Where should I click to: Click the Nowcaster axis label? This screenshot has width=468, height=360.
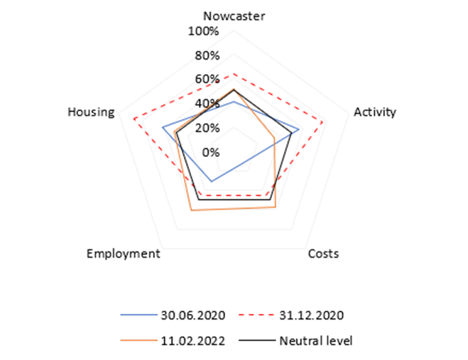[234, 16]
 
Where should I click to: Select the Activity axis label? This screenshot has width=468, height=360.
[375, 112]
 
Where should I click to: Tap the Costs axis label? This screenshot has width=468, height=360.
[323, 253]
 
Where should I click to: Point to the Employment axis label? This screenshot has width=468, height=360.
[124, 253]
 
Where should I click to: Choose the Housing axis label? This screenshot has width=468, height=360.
[91, 112]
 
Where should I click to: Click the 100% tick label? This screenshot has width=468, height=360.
[203, 31]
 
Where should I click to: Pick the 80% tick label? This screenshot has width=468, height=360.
[207, 55]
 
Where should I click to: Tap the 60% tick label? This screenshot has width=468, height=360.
[207, 79]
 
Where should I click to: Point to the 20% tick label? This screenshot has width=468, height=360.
[207, 128]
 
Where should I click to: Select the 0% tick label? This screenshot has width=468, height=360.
[211, 152]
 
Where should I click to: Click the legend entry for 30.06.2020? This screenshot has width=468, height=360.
[173, 315]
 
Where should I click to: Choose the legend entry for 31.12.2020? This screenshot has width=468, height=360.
[291, 315]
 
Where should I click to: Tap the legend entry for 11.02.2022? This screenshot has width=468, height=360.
[173, 341]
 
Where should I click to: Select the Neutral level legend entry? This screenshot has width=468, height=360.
[295, 341]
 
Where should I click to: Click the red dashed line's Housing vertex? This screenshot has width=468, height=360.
[134, 119]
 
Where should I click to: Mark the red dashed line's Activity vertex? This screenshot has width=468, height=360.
[323, 122]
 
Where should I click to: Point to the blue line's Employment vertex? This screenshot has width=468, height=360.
[212, 181]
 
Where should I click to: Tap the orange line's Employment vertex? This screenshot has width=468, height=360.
[191, 211]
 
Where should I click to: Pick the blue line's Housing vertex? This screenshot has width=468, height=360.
[163, 128]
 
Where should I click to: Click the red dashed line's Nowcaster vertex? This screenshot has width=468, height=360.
[234, 73]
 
